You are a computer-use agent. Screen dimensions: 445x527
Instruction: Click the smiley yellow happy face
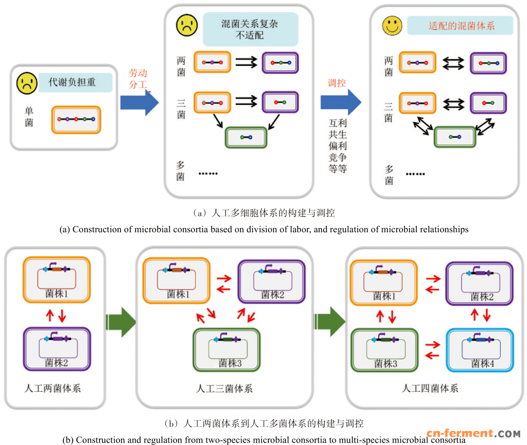pos(392,25)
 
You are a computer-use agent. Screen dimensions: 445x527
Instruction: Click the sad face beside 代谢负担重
pos(27,83)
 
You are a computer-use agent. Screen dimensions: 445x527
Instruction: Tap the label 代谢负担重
pos(72,82)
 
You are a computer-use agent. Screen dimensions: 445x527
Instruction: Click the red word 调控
pos(337,83)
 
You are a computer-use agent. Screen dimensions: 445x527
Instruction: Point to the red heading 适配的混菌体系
pos(460,26)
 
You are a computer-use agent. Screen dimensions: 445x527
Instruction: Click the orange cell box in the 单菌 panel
pos(76,120)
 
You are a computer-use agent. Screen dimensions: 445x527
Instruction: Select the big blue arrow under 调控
pos(341,102)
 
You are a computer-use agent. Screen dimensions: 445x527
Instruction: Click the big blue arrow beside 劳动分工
pos(140,102)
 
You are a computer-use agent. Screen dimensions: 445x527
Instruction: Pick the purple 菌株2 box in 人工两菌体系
pos(57,349)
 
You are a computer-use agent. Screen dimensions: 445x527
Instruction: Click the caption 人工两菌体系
pos(52,388)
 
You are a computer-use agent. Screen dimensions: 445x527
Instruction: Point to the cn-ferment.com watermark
pos(473,433)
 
